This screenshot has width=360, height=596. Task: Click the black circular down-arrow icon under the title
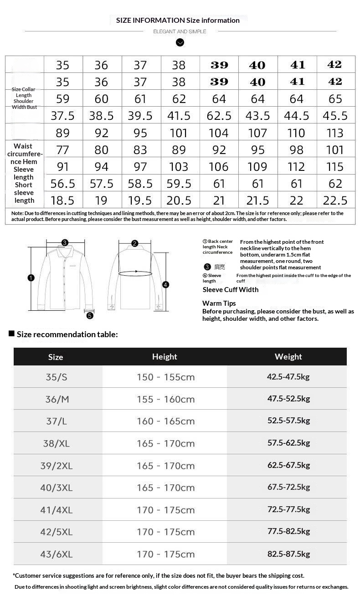pyautogui.click(x=180, y=42)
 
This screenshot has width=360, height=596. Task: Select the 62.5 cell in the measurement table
pyautogui.click(x=219, y=116)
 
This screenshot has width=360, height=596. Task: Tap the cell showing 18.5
pyautogui.click(x=63, y=200)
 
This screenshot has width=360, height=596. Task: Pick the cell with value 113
pyautogui.click(x=335, y=133)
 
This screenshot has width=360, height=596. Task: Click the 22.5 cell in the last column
pyautogui.click(x=335, y=200)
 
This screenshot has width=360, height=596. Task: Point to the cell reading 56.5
pyautogui.click(x=63, y=184)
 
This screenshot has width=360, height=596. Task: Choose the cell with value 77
pyautogui.click(x=63, y=150)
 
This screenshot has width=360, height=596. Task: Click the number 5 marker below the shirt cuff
pyautogui.click(x=90, y=315)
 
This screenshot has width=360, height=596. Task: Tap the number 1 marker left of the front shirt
pyautogui.click(x=31, y=277)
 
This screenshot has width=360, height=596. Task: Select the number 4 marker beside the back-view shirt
pyautogui.click(x=166, y=284)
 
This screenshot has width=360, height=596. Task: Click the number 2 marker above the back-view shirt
pyautogui.click(x=134, y=243)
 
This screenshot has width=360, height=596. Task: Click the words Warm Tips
pyautogui.click(x=219, y=303)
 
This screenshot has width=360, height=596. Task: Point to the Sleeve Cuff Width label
pyautogui.click(x=231, y=290)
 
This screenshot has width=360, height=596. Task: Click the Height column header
pyautogui.click(x=165, y=357)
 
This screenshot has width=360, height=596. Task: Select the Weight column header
pyautogui.click(x=288, y=357)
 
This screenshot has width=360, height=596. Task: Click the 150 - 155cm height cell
pyautogui.click(x=165, y=377)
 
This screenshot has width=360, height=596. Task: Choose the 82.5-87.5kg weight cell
pyautogui.click(x=288, y=554)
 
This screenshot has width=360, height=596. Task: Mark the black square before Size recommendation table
pyautogui.click(x=12, y=334)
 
